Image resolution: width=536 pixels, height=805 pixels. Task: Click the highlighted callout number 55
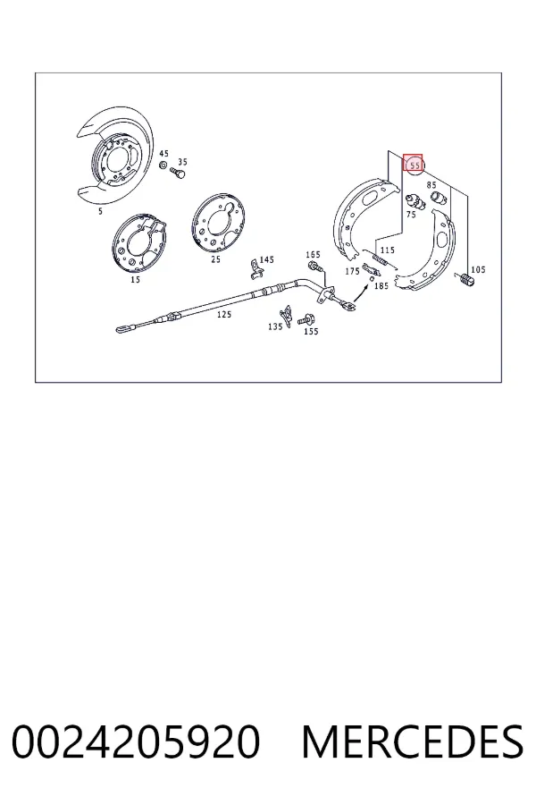tap(415, 165)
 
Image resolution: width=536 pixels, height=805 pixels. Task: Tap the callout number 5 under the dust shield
tap(101, 211)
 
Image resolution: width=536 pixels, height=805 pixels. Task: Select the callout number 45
tap(163, 154)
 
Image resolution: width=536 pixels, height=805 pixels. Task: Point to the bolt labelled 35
tap(178, 173)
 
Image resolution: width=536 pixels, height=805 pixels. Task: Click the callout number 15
tap(136, 280)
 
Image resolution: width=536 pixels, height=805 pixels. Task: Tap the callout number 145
tap(267, 259)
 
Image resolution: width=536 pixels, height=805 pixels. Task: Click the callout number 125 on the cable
tap(224, 314)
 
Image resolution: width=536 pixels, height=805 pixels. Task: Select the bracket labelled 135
tap(286, 317)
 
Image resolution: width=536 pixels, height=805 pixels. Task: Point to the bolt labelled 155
tap(306, 320)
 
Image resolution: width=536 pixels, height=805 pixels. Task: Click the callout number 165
tap(313, 255)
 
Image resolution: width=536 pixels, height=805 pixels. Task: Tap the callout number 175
tap(352, 271)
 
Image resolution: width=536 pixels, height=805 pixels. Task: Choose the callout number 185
tap(381, 286)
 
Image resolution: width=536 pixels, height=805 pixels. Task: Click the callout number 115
tap(387, 250)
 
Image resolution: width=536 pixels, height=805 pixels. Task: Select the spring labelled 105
tap(466, 280)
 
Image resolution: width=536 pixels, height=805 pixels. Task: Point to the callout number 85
tap(431, 185)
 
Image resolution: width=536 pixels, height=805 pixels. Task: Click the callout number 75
tap(411, 215)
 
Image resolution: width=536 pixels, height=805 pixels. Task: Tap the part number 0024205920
tap(136, 741)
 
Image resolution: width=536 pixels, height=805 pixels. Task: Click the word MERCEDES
tap(413, 741)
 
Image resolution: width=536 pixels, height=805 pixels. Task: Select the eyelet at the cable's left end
tap(126, 327)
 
